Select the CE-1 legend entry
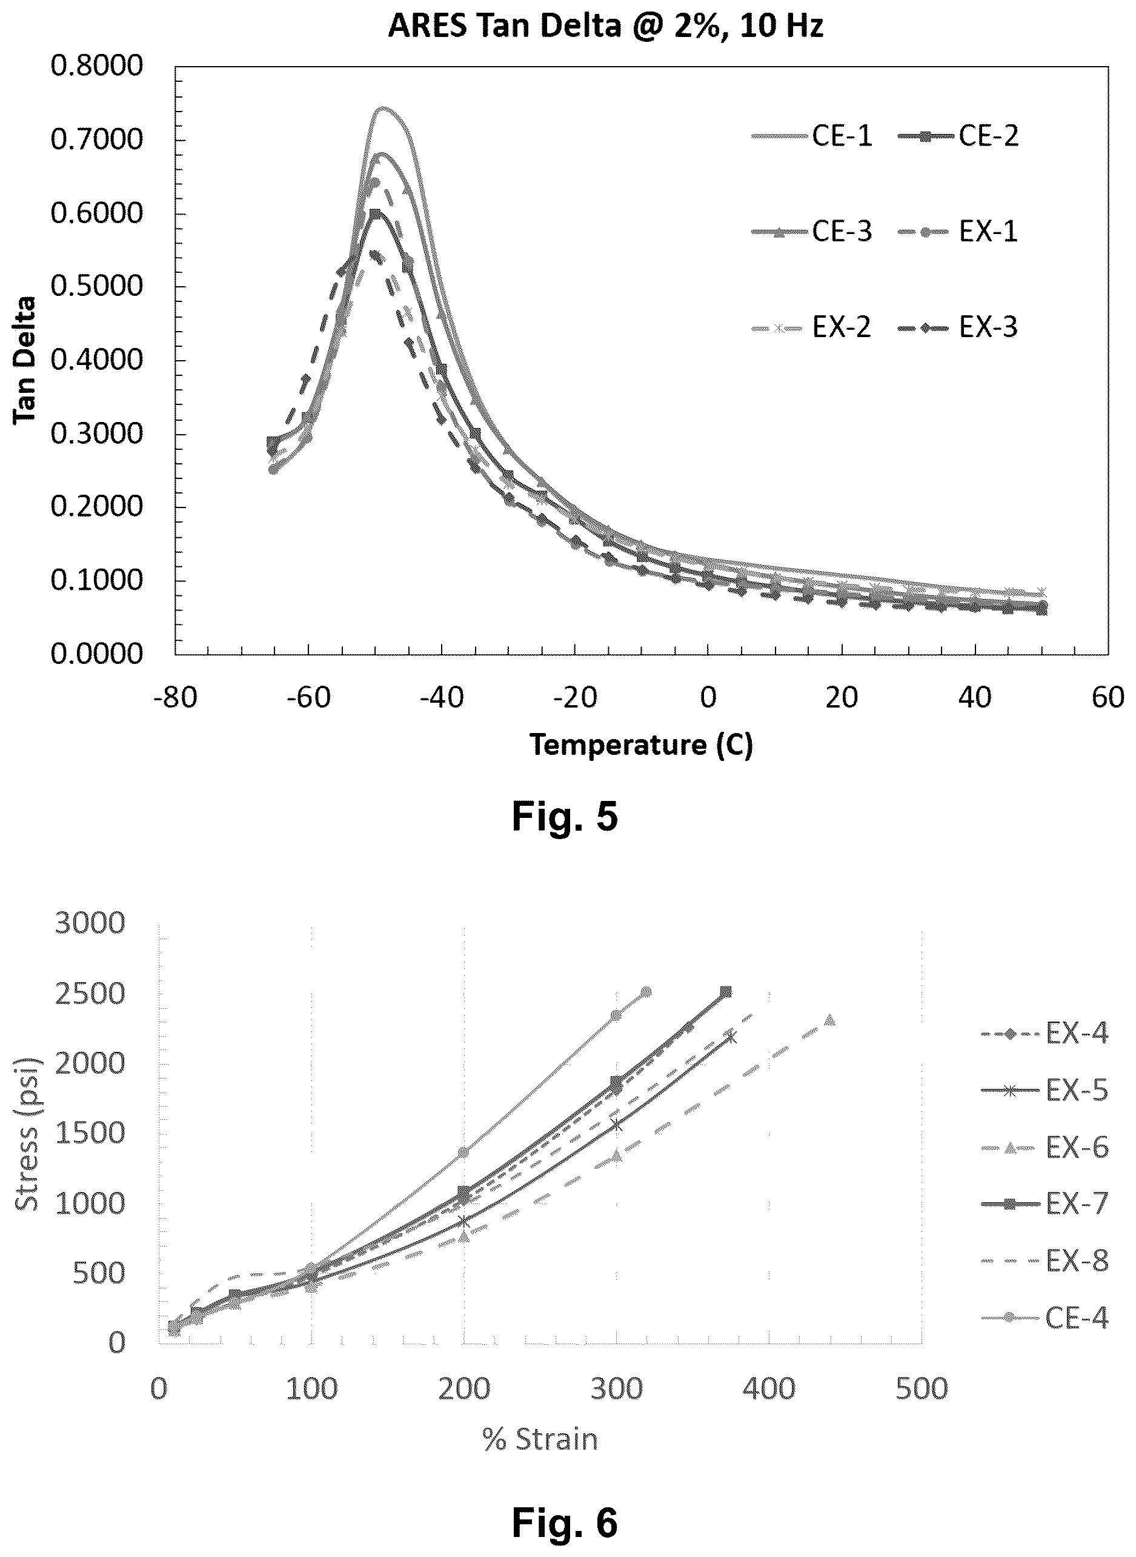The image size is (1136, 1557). [x=812, y=136]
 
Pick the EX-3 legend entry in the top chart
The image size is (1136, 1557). [x=958, y=327]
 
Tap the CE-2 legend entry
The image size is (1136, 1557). [x=958, y=136]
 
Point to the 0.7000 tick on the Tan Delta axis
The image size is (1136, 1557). [x=96, y=139]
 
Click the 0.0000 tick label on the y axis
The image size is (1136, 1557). [x=96, y=654]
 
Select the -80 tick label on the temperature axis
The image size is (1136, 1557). [x=174, y=698]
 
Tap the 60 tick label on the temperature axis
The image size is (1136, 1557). [x=1108, y=698]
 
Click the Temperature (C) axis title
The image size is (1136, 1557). [x=641, y=745]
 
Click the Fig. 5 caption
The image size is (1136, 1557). [x=565, y=817]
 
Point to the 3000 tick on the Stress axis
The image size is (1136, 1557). [x=90, y=923]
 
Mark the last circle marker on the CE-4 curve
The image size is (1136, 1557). [x=646, y=991]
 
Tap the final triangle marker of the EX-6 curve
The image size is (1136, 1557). [x=830, y=1019]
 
